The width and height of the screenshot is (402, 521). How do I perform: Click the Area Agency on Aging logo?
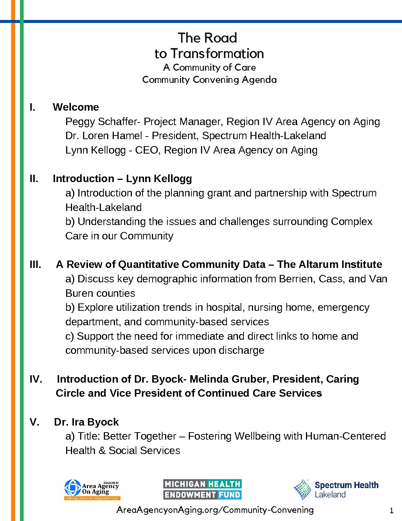click(92, 490)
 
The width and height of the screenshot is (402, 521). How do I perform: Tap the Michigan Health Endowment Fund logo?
click(202, 489)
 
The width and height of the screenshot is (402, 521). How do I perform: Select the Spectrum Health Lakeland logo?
click(336, 489)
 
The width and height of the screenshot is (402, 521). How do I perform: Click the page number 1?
click(392, 511)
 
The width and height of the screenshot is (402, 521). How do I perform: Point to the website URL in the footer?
click(215, 510)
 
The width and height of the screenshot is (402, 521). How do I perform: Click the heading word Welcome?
click(76, 107)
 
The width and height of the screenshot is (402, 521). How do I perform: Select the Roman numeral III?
click(35, 265)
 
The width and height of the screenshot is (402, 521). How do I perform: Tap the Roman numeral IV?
click(36, 379)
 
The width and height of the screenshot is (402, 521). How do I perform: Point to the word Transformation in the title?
click(217, 54)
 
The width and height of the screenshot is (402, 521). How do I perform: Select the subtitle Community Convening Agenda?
click(209, 80)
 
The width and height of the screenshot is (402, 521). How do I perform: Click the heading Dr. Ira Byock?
click(86, 422)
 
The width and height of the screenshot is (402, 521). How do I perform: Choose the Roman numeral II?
click(34, 179)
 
